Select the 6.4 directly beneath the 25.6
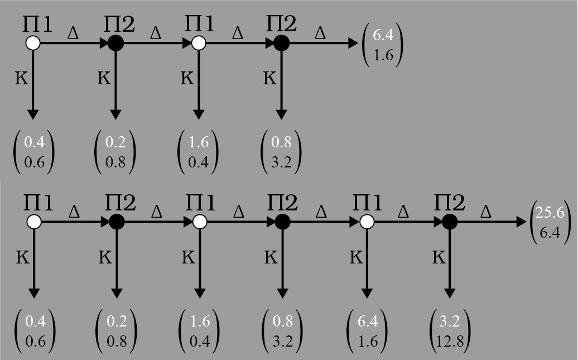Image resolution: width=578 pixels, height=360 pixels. click(548, 231)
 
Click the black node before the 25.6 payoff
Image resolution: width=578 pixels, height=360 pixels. click(449, 222)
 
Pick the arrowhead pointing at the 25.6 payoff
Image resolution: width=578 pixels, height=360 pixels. click(520, 222)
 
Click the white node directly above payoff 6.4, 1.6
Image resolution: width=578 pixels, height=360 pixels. click(366, 222)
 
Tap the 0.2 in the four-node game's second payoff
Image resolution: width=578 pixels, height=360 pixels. click(115, 142)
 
